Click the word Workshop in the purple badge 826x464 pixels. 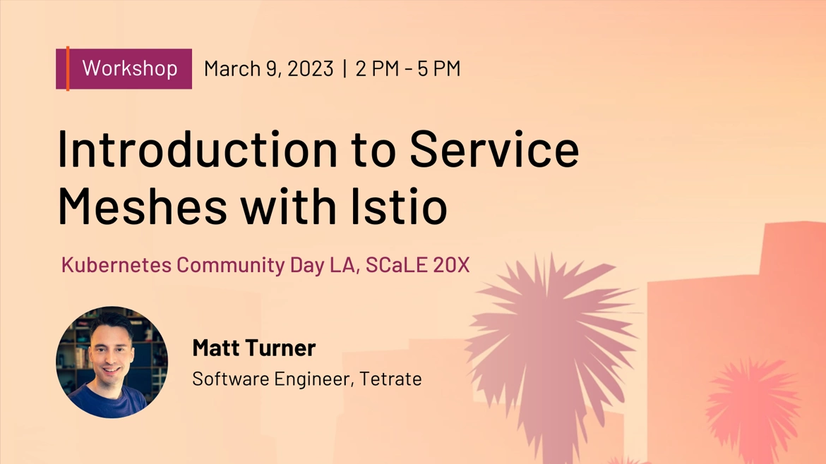coord(130,68)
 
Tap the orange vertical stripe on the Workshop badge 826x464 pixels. coord(68,69)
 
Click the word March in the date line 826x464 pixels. coord(232,69)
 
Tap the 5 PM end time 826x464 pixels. coord(439,69)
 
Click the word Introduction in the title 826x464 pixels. coord(197,149)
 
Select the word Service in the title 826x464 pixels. coord(494,149)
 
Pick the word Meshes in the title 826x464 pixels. coord(142,206)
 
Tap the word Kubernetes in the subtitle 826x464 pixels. coord(116,264)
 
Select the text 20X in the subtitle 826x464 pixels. coord(451,264)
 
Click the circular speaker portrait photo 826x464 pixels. coord(112,362)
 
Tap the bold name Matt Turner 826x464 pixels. coord(254,348)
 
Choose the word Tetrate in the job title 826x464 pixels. coord(390,379)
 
